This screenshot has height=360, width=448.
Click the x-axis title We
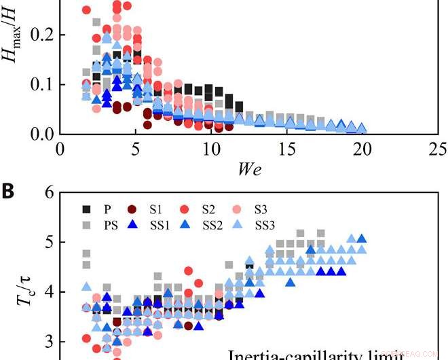click(x=249, y=168)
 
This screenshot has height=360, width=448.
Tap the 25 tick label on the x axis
click(x=438, y=149)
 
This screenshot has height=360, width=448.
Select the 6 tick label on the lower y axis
click(x=48, y=192)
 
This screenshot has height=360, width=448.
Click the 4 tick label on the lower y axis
click(x=48, y=292)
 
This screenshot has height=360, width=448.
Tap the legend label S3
click(x=262, y=209)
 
